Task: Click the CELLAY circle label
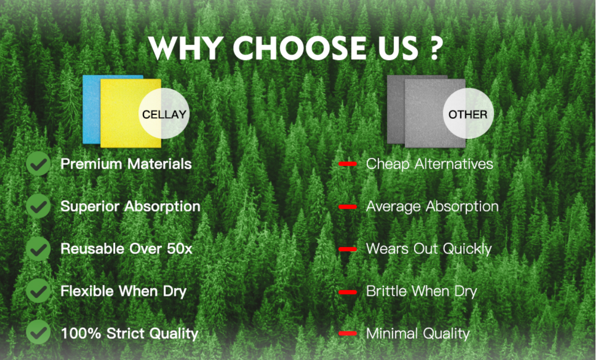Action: click(164, 114)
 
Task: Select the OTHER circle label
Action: click(468, 114)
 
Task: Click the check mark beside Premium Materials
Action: click(38, 164)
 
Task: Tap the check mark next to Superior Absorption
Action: click(38, 206)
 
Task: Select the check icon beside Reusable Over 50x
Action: click(38, 249)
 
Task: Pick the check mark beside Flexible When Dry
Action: click(38, 291)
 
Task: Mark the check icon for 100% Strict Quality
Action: click(38, 332)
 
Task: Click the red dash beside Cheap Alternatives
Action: click(348, 164)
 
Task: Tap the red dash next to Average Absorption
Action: click(348, 207)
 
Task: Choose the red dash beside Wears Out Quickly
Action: click(348, 249)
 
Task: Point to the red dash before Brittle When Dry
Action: click(348, 292)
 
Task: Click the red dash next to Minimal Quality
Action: click(348, 333)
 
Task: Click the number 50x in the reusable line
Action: click(179, 249)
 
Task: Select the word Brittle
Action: click(386, 291)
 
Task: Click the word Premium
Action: click(91, 164)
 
